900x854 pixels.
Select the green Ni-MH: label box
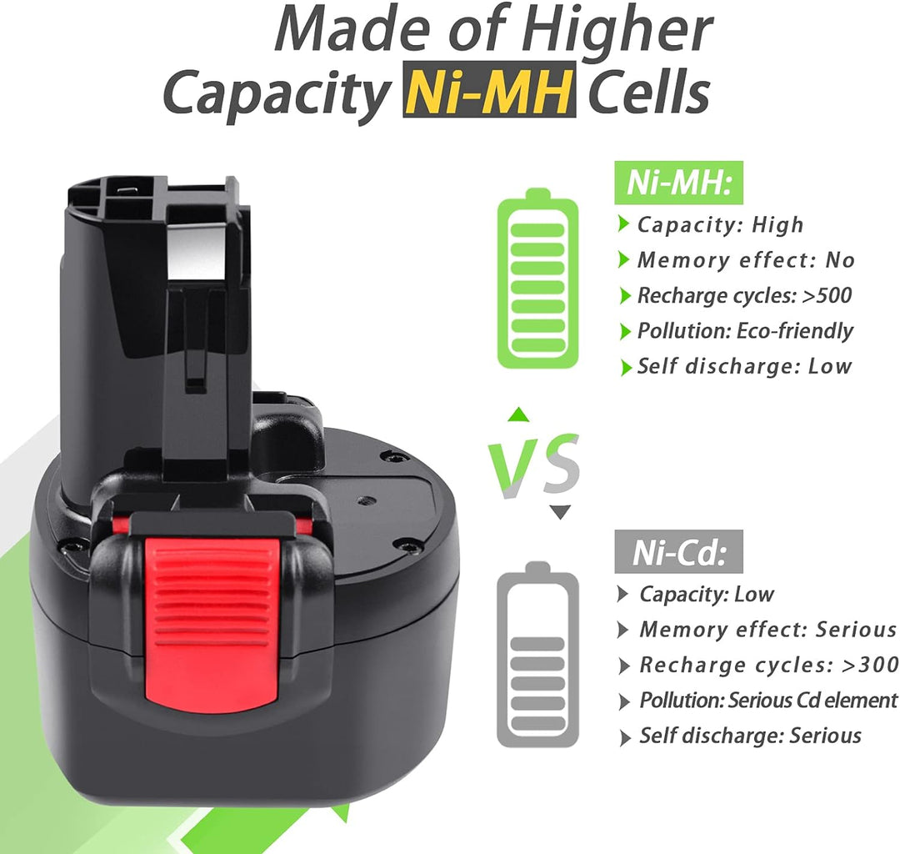click(x=678, y=183)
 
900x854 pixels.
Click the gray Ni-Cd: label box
click(x=678, y=552)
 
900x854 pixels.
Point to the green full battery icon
click(x=537, y=279)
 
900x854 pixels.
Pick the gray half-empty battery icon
click(x=537, y=655)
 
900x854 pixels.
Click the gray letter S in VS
click(x=561, y=465)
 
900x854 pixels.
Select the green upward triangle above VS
click(x=519, y=414)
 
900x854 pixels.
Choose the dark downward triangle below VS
click(x=560, y=512)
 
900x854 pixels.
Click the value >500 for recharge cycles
click(x=827, y=295)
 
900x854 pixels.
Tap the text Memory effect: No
click(x=746, y=260)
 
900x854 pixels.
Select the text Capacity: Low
click(x=707, y=594)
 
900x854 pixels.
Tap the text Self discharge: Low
click(x=745, y=366)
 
